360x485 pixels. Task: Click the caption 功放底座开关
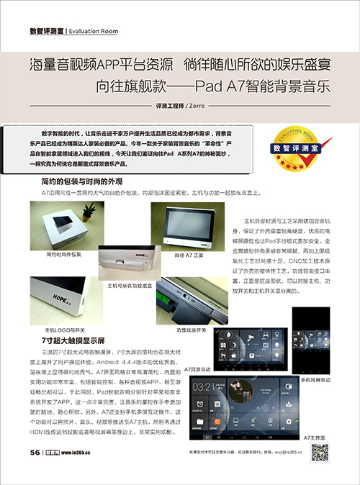tap(191, 329)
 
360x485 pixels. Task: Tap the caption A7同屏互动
tap(199, 368)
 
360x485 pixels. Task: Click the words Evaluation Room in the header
tap(97, 31)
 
